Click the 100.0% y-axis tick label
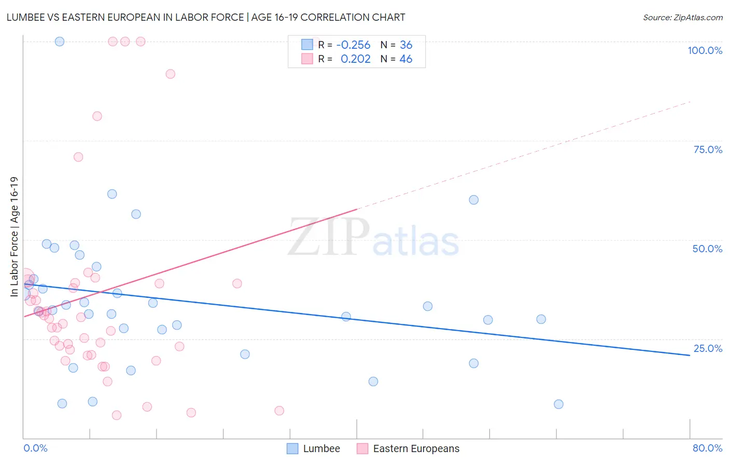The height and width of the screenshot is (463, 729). point(705,50)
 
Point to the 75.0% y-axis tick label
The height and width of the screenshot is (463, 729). point(708,149)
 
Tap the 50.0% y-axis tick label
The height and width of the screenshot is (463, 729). point(707,249)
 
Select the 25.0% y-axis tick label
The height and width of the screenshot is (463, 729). point(708,348)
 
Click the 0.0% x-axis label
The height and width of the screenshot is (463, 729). point(35,448)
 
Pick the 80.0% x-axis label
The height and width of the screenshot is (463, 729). point(707,448)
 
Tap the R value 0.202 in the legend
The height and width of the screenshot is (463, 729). point(355,59)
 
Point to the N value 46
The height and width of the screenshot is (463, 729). point(405,59)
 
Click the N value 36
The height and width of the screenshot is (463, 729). point(405,45)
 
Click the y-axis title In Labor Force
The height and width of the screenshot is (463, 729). point(14,237)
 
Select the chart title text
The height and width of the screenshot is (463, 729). point(206,17)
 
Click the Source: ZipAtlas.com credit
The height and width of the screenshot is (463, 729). point(682,17)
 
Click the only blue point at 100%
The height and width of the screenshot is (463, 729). point(60,42)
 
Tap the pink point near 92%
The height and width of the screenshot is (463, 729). point(170,74)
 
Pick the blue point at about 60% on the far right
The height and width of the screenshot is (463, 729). point(473,200)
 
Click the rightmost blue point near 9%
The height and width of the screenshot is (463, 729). point(558,404)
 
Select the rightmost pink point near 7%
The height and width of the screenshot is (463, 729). point(279,411)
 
